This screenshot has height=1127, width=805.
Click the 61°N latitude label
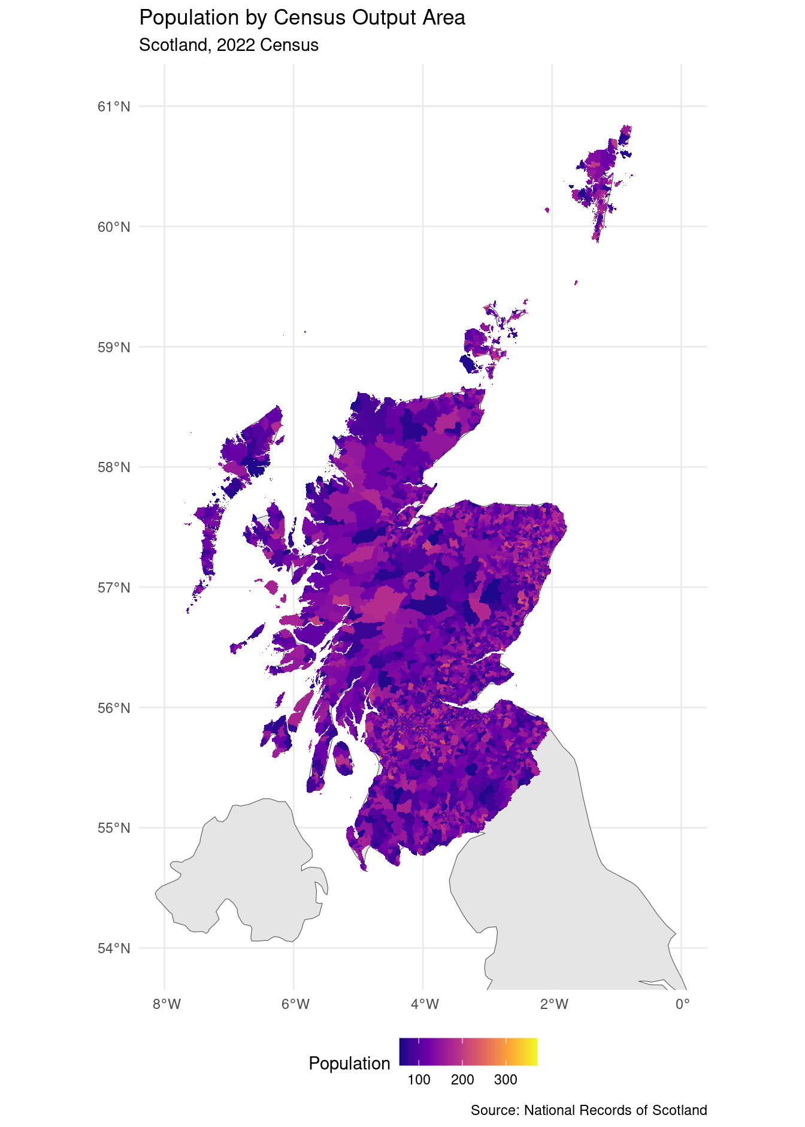(114, 107)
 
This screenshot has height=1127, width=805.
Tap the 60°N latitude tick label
(114, 227)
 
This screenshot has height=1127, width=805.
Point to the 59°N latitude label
(114, 348)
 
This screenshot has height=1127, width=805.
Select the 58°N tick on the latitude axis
(114, 467)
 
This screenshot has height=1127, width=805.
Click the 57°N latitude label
(114, 588)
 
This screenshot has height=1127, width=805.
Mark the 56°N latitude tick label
(114, 708)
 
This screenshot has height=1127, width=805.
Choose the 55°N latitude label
(114, 828)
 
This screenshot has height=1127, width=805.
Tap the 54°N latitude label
(114, 948)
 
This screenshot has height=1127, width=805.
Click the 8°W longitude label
(167, 1004)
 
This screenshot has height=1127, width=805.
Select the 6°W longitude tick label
(295, 1004)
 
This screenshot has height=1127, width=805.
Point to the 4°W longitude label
(425, 1004)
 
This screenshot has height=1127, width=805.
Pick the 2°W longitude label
(553, 1004)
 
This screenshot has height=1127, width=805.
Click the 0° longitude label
(682, 1004)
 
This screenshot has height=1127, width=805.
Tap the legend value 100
(419, 1080)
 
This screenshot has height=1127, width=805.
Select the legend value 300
(506, 1080)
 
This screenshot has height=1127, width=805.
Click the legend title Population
(349, 1063)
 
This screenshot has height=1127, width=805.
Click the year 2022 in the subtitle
(235, 46)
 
